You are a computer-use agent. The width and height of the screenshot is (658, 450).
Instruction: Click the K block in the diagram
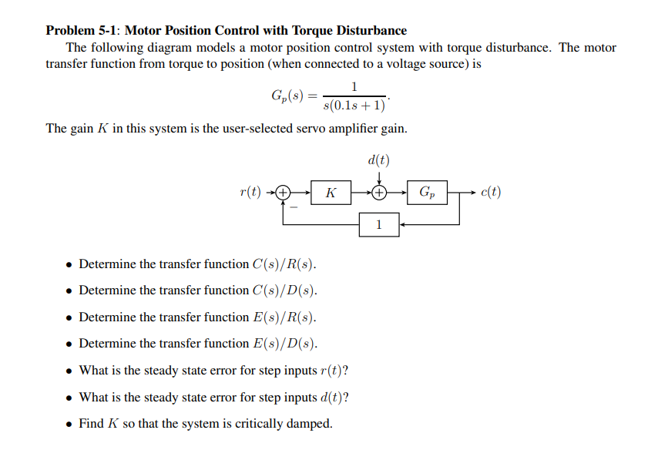tap(330, 192)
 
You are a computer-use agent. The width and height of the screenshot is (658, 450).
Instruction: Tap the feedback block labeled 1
tap(378, 224)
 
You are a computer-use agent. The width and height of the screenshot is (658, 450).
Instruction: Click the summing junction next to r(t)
tap(284, 192)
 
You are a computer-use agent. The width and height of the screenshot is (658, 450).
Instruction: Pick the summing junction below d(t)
tap(378, 192)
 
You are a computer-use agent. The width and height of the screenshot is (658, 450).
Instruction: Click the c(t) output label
tap(489, 192)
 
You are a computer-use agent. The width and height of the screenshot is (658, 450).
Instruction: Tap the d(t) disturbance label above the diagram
tap(378, 161)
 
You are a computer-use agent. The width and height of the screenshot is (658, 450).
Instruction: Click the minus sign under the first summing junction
tap(294, 206)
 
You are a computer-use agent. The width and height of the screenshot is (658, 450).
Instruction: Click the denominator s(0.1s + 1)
tap(355, 106)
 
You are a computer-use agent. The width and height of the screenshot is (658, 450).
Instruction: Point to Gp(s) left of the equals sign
tap(287, 96)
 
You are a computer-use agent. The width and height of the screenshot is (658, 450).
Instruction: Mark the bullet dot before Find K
tap(69, 425)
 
